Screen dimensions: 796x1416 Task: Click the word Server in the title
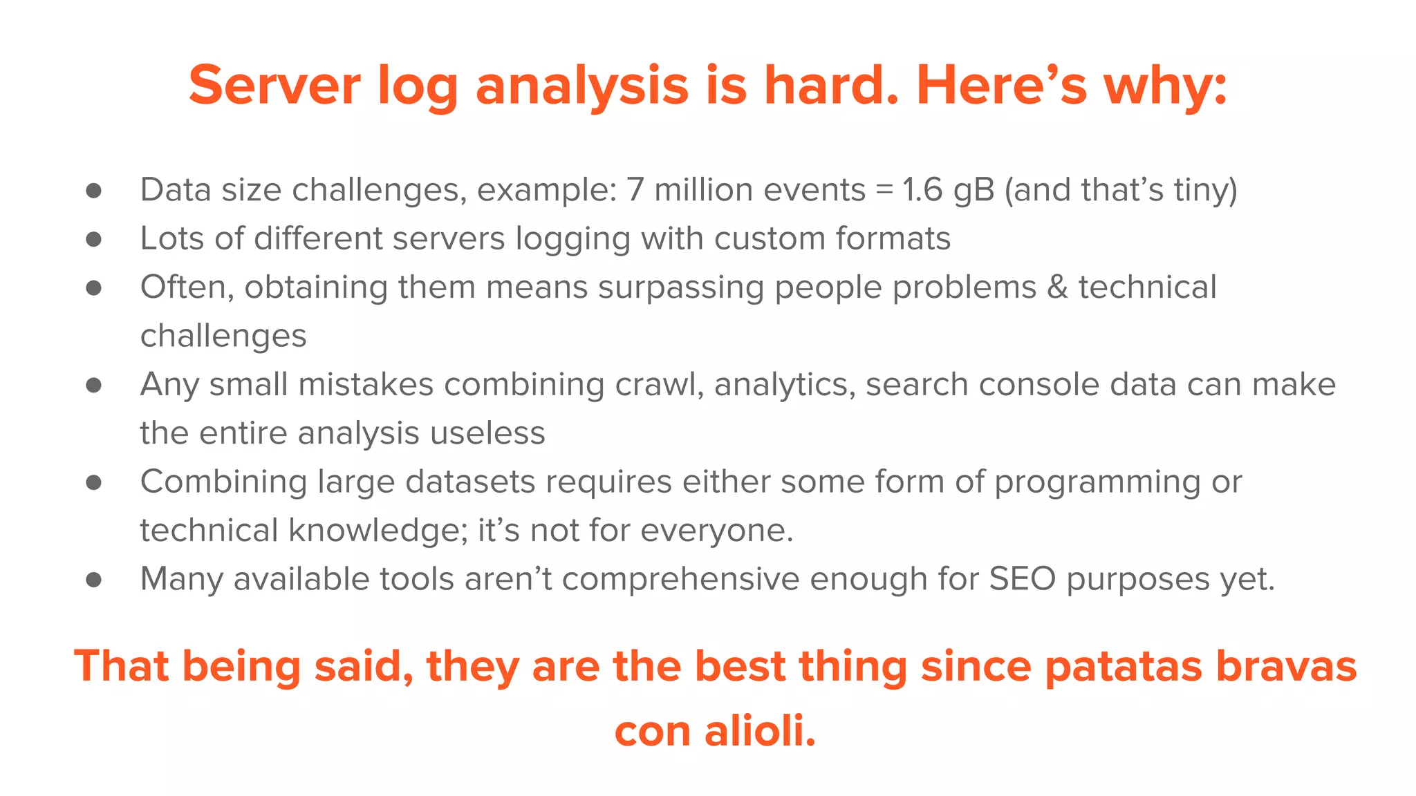click(x=274, y=85)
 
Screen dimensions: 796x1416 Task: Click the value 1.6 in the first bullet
click(x=922, y=189)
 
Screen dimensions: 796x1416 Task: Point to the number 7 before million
click(x=635, y=189)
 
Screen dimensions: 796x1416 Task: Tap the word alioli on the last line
click(x=759, y=730)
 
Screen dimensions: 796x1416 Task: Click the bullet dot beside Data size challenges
click(x=94, y=191)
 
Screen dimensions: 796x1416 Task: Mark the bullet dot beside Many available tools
click(x=94, y=580)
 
